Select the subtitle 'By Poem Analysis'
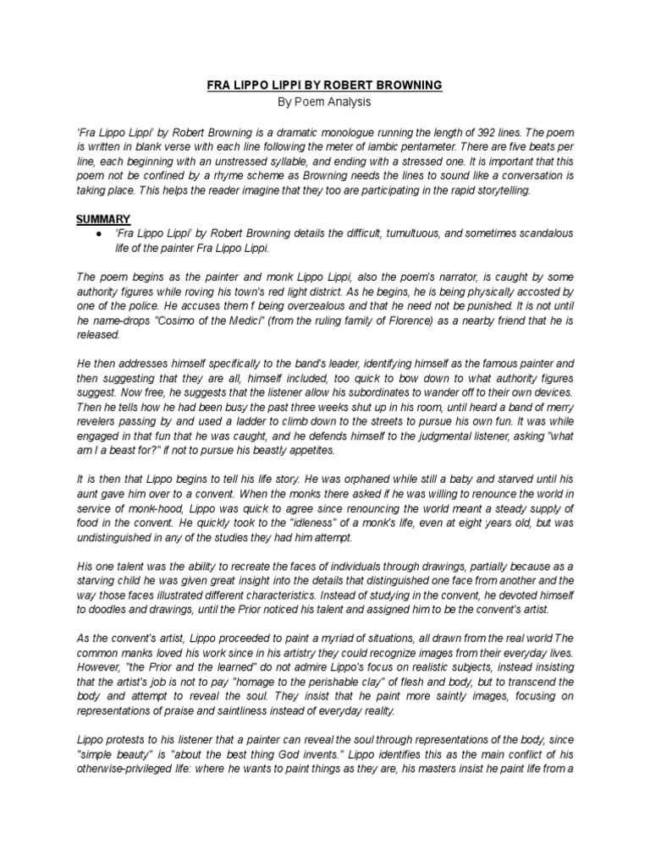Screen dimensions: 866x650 [324, 102]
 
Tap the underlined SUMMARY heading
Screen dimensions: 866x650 [103, 219]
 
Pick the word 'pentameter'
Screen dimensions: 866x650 [385, 149]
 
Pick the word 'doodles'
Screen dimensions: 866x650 [104, 608]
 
